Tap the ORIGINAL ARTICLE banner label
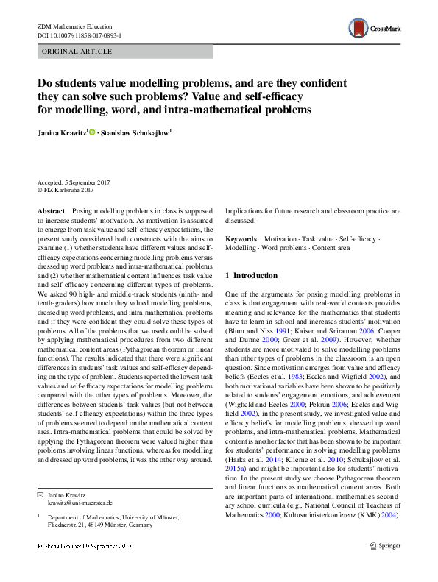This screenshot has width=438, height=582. click(x=77, y=52)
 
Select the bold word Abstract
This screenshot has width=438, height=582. click(x=51, y=210)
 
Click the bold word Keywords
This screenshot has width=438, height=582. click(x=241, y=239)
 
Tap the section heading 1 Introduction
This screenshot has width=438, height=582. click(x=255, y=275)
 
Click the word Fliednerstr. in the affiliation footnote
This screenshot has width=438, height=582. click(x=66, y=525)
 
